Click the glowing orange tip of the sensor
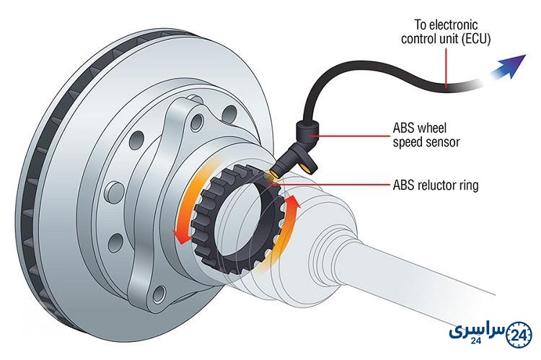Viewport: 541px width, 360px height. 273,172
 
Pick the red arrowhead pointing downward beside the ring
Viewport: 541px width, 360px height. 181,237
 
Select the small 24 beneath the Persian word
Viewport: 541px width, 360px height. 476,341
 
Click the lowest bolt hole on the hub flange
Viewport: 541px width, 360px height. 159,294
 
